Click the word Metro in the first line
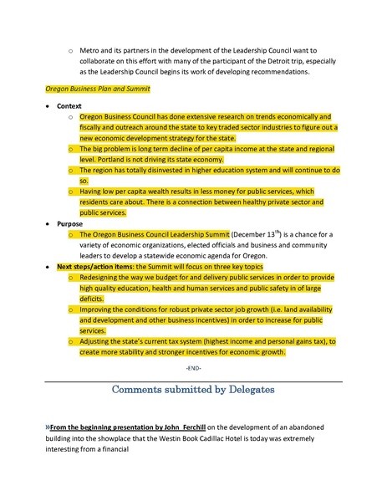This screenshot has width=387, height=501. click(90, 51)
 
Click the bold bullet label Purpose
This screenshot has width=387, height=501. click(69, 224)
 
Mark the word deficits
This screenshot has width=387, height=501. click(94, 299)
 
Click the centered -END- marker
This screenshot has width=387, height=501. click(193, 369)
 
